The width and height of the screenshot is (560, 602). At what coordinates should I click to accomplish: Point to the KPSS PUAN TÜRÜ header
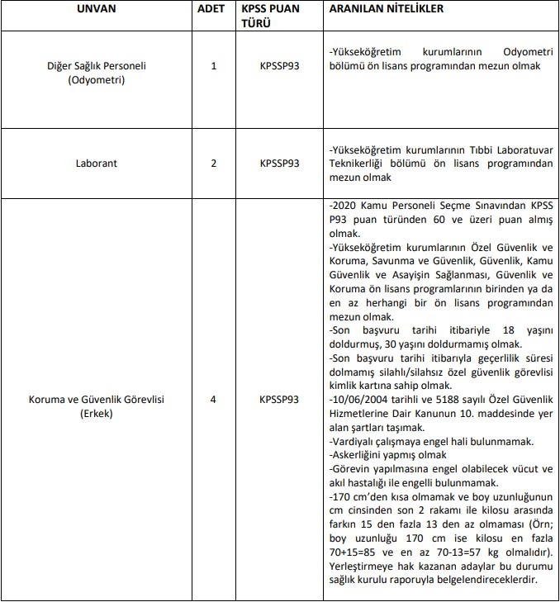[278, 16]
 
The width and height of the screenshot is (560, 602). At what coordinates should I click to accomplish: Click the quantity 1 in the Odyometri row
[214, 65]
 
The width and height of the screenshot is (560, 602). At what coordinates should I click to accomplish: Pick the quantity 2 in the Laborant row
[214, 164]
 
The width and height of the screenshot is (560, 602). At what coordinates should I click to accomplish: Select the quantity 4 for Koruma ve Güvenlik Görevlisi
[214, 400]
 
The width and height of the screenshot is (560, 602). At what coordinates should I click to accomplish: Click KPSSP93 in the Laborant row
[278, 164]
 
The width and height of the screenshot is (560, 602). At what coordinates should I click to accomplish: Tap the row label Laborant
[103, 164]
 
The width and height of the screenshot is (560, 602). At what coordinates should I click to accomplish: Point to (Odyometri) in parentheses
[103, 78]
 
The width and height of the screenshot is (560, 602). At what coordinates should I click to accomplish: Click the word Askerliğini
[359, 455]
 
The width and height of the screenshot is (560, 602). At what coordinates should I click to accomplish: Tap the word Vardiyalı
[354, 442]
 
